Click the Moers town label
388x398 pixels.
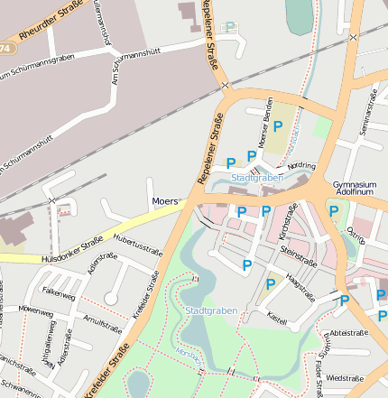(x=165, y=200)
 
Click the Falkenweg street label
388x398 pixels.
(x=59, y=292)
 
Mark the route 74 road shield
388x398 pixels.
(x=6, y=47)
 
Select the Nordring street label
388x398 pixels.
(x=300, y=167)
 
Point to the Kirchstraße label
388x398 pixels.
(x=288, y=221)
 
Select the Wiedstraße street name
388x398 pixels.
(x=345, y=377)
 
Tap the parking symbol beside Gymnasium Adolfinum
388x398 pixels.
(x=334, y=211)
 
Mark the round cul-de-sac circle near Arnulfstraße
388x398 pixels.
(x=111, y=298)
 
